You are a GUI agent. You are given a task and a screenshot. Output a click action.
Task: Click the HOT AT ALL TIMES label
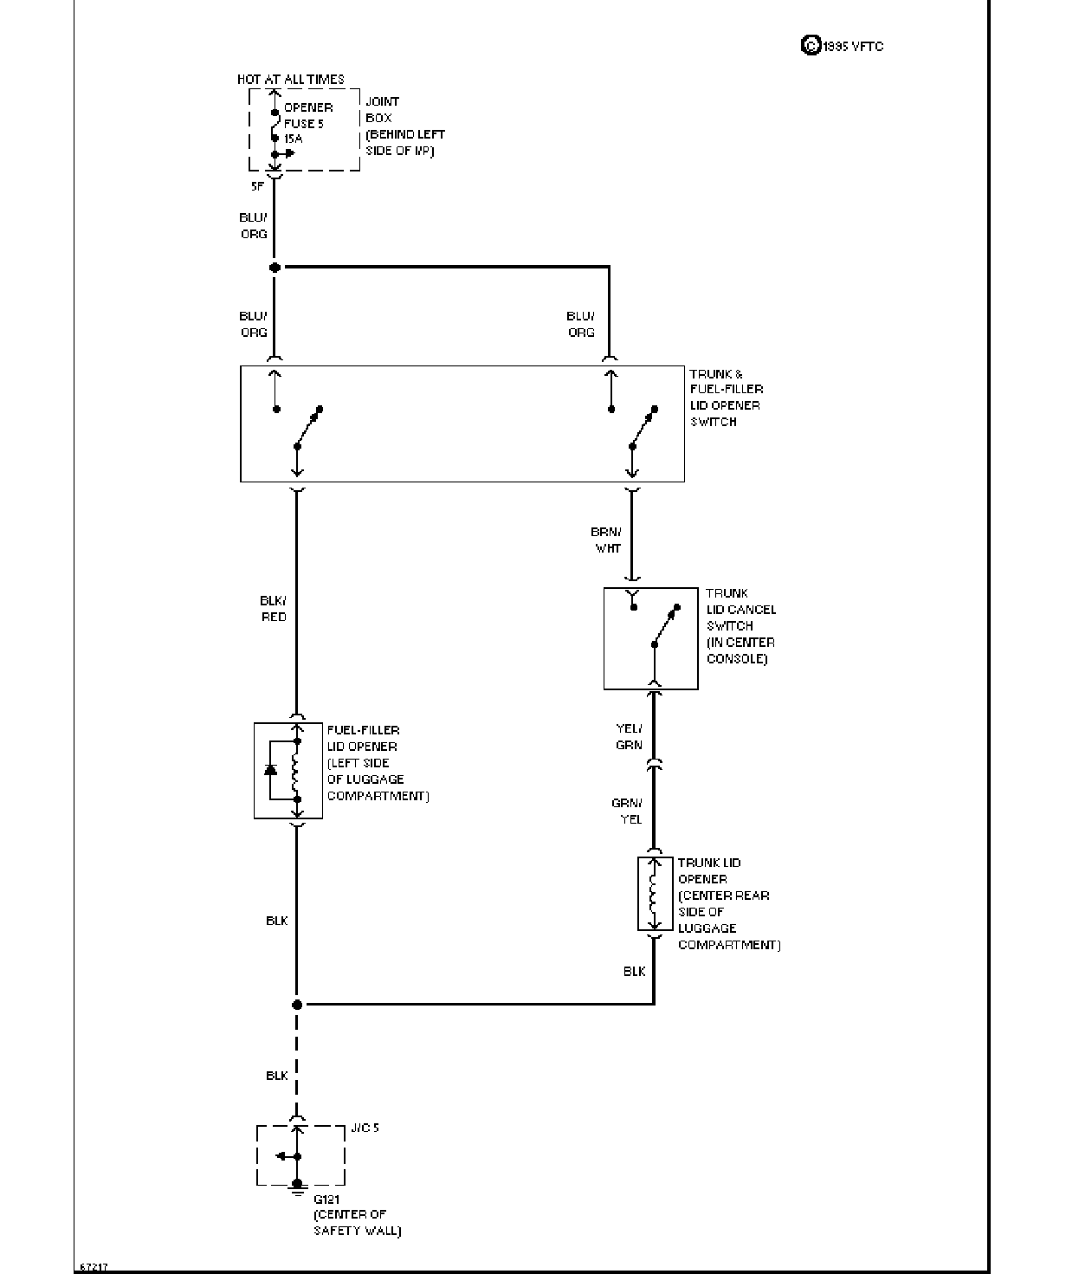tap(290, 80)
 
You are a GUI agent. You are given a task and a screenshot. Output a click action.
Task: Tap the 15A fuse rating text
tap(293, 139)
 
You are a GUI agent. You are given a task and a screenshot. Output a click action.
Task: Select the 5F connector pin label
tap(257, 186)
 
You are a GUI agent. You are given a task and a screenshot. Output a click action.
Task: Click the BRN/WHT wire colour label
tap(606, 540)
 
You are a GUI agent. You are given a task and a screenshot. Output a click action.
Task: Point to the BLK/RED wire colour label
tap(273, 608)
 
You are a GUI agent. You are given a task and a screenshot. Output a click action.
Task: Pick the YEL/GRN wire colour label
tap(629, 736)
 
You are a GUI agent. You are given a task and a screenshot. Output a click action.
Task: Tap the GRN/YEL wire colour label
tap(627, 811)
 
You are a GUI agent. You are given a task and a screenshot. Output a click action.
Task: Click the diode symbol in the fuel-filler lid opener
tap(270, 769)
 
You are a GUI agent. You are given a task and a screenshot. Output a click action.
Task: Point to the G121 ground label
tap(326, 1199)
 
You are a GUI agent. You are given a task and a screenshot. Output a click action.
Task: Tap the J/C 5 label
tap(365, 1128)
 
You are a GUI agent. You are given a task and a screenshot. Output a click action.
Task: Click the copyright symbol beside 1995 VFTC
tap(811, 45)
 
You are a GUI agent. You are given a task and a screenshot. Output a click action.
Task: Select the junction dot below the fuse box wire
tap(275, 268)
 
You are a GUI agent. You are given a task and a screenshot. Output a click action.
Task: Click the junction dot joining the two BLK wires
tap(297, 1005)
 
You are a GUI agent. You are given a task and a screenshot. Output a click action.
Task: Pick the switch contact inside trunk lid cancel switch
tap(665, 626)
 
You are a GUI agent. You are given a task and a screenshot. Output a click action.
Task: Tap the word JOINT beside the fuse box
tap(382, 101)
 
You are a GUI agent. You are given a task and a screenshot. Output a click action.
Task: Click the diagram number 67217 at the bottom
tap(94, 1267)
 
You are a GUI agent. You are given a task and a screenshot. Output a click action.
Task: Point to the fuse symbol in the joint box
tap(275, 125)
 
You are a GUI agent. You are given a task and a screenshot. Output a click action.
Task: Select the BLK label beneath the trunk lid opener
tap(634, 972)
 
